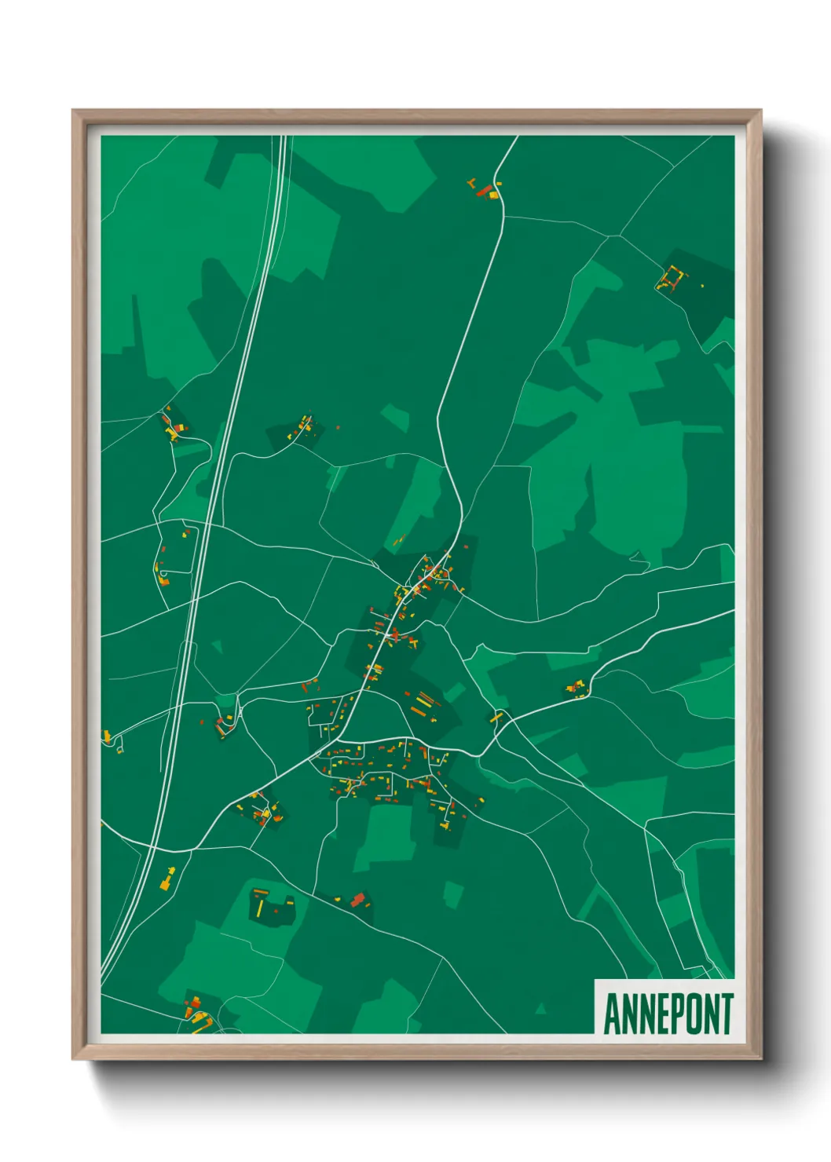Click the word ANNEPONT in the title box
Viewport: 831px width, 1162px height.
click(668, 1014)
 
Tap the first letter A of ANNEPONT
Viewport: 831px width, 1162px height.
click(611, 1014)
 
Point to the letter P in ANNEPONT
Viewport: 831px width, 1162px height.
click(670, 1014)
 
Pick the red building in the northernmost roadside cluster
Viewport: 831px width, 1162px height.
click(484, 189)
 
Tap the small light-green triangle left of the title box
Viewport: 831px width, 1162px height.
click(540, 1007)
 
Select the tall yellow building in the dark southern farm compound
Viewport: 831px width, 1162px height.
click(259, 908)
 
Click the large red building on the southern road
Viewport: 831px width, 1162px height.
click(358, 900)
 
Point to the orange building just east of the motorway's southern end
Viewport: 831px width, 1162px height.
click(167, 880)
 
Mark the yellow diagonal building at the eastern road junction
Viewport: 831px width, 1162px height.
click(496, 716)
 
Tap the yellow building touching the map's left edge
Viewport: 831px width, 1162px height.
click(105, 736)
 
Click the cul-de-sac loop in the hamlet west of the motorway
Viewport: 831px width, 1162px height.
click(163, 581)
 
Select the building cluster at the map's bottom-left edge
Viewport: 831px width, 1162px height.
click(197, 1014)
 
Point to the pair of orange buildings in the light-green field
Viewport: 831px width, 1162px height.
click(398, 540)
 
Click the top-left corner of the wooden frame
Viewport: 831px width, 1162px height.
click(74, 111)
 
